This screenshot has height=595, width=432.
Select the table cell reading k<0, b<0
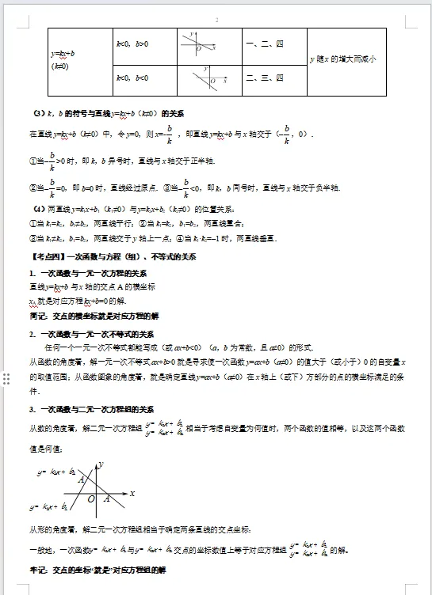[x=132, y=78]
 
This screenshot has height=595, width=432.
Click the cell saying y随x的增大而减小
[x=346, y=59]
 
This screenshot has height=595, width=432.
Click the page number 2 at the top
[x=216, y=20]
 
